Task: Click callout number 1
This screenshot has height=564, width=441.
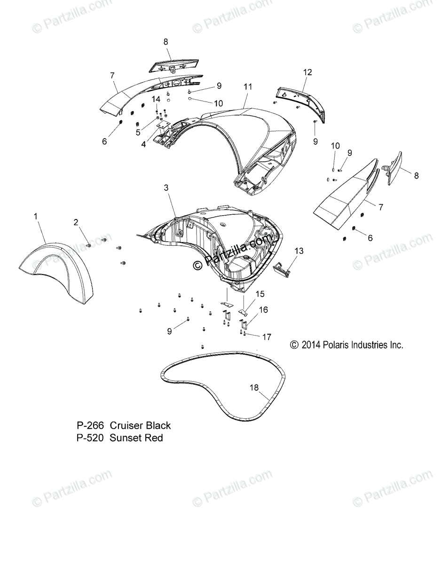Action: (x=36, y=217)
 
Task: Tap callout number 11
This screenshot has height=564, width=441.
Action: (x=248, y=86)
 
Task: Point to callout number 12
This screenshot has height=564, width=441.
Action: (x=307, y=72)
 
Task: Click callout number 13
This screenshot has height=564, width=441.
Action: (x=299, y=251)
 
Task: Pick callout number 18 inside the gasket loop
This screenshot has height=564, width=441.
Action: (x=254, y=387)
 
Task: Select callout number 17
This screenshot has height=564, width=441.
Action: (x=267, y=337)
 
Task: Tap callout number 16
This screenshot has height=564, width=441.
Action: (x=263, y=310)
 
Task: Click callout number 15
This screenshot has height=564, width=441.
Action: (x=260, y=294)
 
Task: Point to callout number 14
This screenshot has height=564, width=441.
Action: (x=156, y=99)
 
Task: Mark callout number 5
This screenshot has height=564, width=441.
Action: (x=138, y=133)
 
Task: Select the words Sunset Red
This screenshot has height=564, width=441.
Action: (x=136, y=438)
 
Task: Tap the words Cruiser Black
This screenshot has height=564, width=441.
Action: (x=140, y=426)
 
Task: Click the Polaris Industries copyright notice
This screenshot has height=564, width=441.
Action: (x=346, y=345)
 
